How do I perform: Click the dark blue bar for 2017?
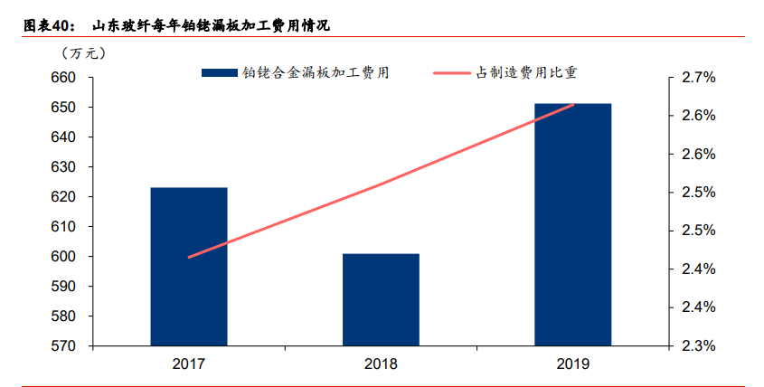point(189,267)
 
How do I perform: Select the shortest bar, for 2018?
point(381,300)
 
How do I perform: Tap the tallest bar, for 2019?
point(572,224)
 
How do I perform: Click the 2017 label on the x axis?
point(189,364)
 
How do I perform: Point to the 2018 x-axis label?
point(381,364)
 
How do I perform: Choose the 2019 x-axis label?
point(572,364)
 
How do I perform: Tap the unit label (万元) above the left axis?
point(72,53)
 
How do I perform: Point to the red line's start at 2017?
point(189,258)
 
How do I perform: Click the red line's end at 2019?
point(573,105)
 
